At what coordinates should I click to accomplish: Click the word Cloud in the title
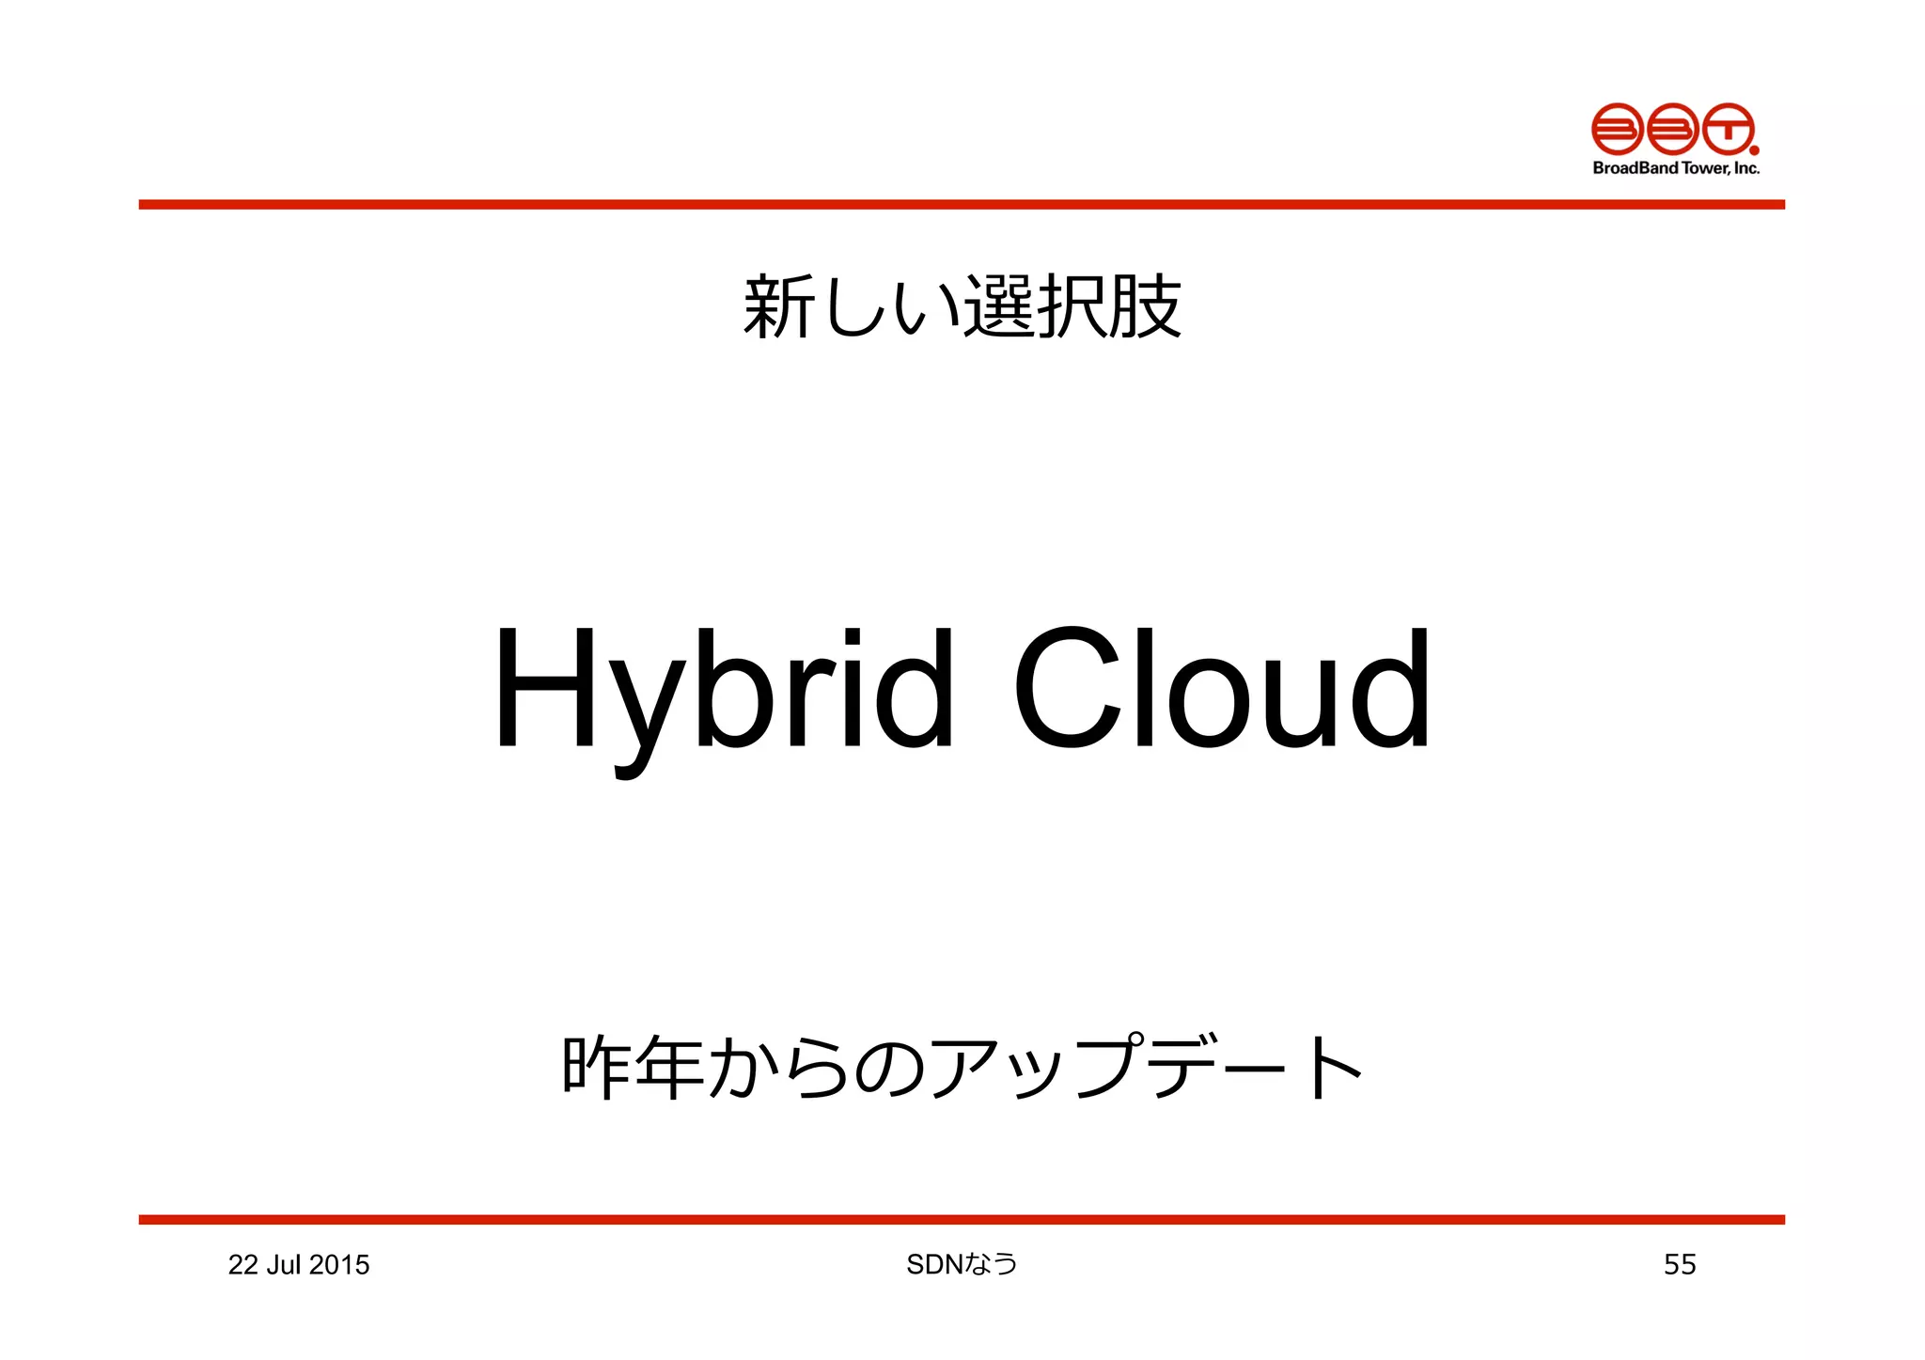(x=1220, y=691)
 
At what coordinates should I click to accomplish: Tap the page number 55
(x=1679, y=1264)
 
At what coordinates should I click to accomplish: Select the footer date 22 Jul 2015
(x=298, y=1265)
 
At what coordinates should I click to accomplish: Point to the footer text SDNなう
(x=962, y=1264)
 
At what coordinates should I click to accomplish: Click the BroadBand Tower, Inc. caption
(x=1675, y=168)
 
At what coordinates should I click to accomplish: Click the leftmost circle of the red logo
(x=1617, y=129)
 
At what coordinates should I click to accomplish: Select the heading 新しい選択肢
(x=962, y=306)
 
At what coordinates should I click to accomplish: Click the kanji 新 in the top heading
(x=777, y=306)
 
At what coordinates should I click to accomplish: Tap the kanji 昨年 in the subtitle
(x=633, y=1067)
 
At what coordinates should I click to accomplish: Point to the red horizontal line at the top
(x=962, y=204)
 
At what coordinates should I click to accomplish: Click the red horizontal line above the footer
(x=962, y=1219)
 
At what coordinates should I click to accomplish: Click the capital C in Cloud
(x=1067, y=691)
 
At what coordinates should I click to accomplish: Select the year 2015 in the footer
(x=339, y=1265)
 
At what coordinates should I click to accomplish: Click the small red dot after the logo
(x=1754, y=149)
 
